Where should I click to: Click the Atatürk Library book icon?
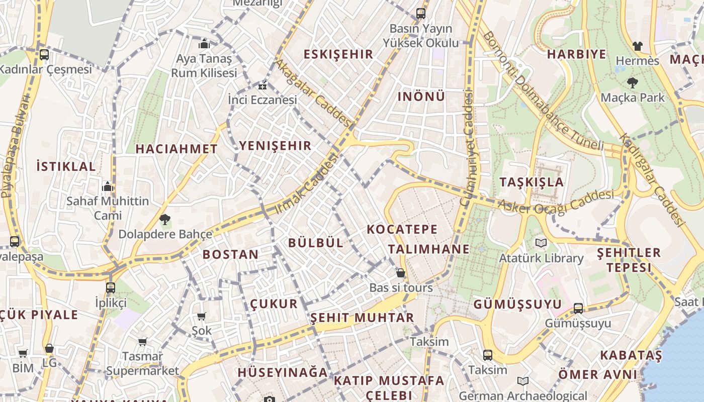coord(541,243)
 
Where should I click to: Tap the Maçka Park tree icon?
coord(633,83)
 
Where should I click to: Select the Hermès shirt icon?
coord(638,46)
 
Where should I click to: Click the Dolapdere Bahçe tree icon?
coord(164,219)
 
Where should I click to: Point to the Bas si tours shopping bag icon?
coord(401,273)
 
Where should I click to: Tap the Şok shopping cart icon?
coord(202,316)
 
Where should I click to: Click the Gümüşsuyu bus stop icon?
coord(578,309)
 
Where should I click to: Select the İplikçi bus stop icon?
coord(111,288)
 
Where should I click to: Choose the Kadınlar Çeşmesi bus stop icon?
coord(44,55)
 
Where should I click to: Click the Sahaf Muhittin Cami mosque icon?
coord(108,186)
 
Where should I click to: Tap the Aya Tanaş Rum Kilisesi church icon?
coord(204,44)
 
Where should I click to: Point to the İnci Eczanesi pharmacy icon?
coord(262,85)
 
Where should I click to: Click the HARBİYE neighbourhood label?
coord(577,54)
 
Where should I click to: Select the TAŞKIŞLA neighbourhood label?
coord(532,182)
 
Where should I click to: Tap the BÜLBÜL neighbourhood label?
coord(316,243)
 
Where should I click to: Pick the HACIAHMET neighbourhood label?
coord(177,149)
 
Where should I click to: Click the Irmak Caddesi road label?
coord(306,184)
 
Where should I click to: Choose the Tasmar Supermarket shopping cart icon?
coord(143,342)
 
